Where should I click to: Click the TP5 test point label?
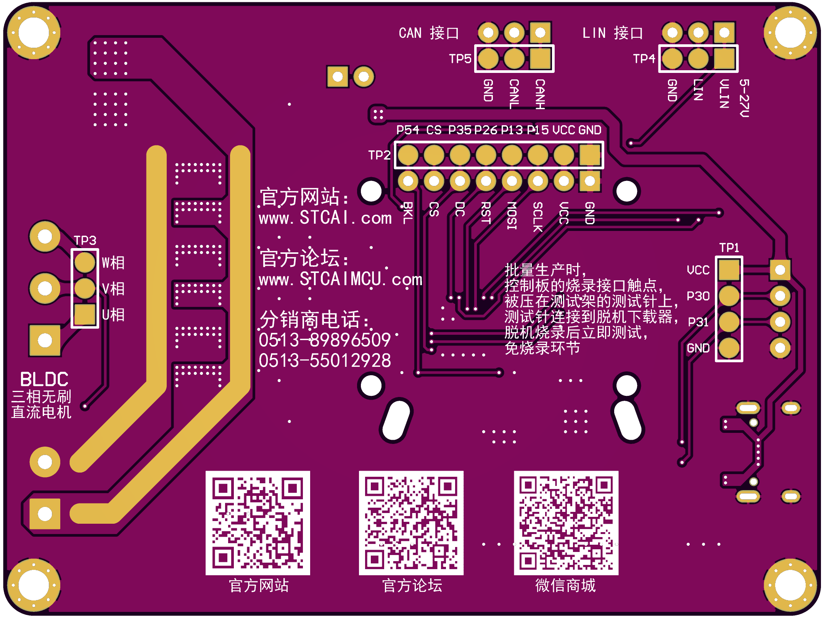460,59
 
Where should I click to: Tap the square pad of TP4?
724,59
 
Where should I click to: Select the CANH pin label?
540,94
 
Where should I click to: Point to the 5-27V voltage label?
744,98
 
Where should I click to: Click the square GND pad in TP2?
590,155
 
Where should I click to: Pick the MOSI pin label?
512,215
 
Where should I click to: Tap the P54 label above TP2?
407,130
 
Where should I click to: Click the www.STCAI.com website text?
325,218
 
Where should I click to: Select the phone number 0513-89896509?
325,340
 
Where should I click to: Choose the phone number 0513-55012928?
325,361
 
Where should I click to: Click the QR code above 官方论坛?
411,523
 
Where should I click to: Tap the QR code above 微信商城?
566,523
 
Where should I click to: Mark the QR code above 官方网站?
258,523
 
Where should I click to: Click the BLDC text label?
44,379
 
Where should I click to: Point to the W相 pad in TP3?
85,262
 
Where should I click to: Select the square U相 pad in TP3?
85,314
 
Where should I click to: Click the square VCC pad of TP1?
729,270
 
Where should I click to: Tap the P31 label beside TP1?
698,322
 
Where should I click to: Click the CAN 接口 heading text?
429,33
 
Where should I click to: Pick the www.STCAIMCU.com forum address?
341,279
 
